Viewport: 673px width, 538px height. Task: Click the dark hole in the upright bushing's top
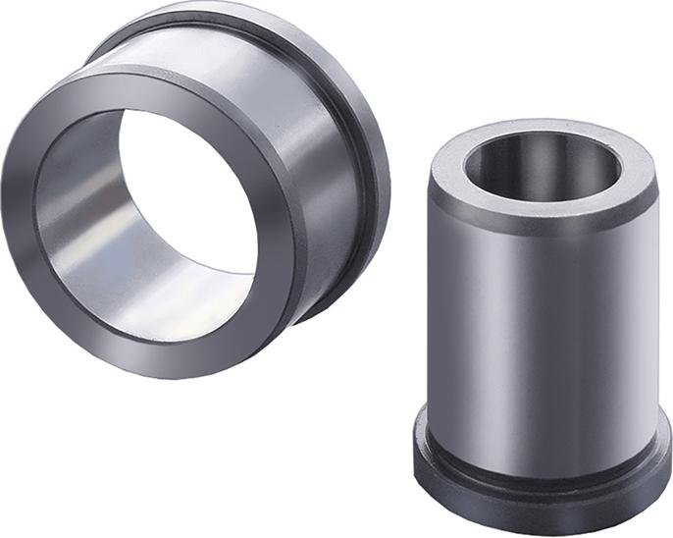(535, 157)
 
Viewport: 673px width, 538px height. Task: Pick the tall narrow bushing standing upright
(544, 324)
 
